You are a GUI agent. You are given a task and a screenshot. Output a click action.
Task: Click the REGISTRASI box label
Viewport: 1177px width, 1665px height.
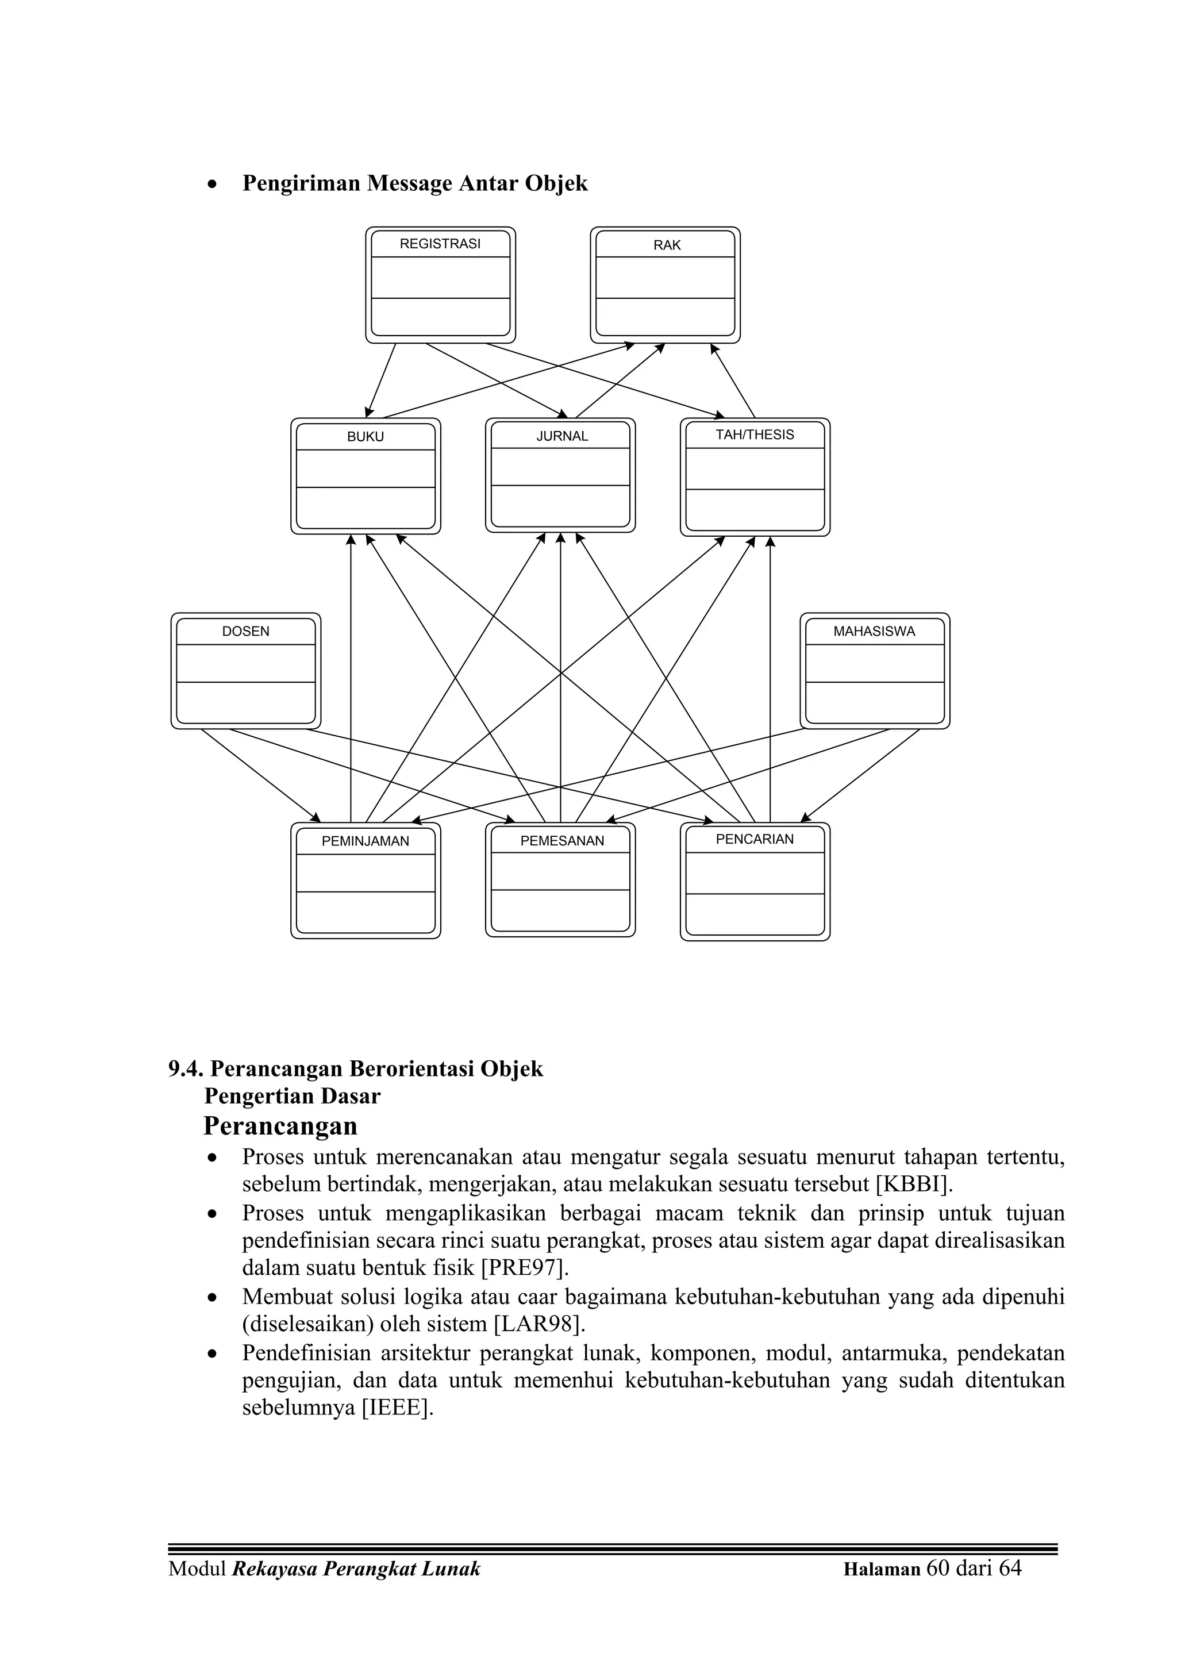pos(440,244)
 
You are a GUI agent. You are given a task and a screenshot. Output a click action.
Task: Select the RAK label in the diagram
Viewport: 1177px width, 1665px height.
pos(667,245)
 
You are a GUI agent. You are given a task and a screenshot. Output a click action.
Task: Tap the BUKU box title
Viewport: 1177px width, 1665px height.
pos(366,437)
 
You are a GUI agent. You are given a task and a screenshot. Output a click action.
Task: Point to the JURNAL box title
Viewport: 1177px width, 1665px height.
pos(562,436)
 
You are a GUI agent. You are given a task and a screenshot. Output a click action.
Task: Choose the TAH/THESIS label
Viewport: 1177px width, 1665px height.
pos(754,434)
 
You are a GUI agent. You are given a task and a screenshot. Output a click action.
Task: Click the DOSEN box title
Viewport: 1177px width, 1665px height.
pos(245,631)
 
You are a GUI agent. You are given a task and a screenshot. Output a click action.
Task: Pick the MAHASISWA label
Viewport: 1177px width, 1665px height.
pos(874,631)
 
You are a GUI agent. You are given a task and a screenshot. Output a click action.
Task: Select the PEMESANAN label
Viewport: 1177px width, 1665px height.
pos(562,840)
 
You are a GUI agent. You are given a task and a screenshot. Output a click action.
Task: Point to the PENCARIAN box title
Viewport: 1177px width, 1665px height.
pos(754,839)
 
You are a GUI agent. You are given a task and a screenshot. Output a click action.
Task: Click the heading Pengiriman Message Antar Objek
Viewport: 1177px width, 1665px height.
pos(415,183)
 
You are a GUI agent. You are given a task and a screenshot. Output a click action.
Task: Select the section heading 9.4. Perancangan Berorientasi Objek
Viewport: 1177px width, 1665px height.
pos(355,1069)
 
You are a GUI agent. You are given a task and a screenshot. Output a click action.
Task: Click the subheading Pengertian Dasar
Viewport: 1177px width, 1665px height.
pos(293,1096)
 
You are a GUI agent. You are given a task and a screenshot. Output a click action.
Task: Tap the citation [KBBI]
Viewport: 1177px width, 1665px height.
pos(912,1184)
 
